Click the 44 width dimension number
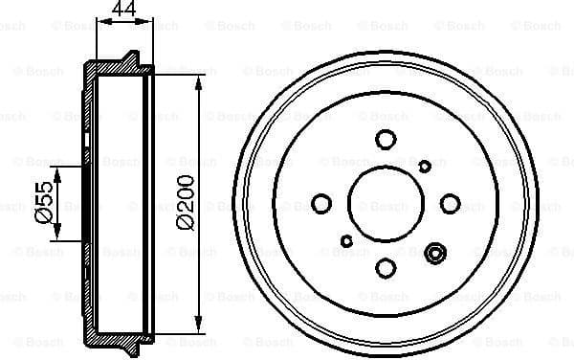(x=122, y=11)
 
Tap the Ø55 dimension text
(x=42, y=205)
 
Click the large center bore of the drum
(x=386, y=203)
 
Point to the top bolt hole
(x=386, y=140)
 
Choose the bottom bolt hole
(x=386, y=268)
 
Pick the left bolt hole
(x=322, y=204)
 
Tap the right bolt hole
(x=450, y=203)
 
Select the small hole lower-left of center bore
(x=346, y=241)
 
